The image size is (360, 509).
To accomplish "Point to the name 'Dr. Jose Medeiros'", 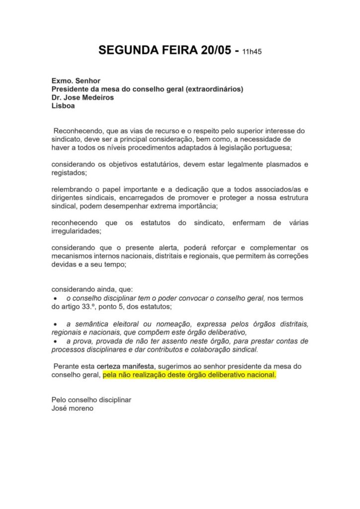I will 83,97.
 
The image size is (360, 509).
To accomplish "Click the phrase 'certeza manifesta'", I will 125,366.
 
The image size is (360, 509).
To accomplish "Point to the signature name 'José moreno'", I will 73,409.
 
